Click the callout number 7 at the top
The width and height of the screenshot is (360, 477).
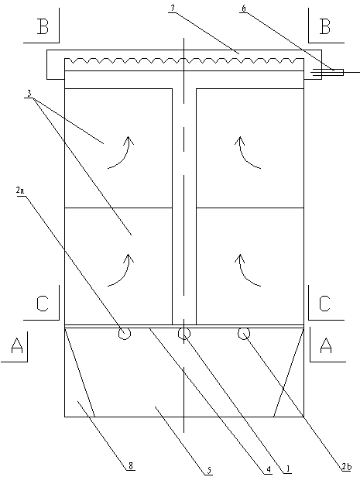tap(173, 9)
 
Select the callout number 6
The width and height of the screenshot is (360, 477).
tap(244, 9)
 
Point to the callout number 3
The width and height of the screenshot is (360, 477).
tap(29, 94)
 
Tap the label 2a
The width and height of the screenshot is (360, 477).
tap(20, 190)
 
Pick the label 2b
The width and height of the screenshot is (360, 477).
tap(347, 467)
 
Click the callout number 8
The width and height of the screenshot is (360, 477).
tap(131, 465)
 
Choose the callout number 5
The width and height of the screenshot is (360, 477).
tap(209, 470)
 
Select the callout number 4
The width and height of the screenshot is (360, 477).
tap(269, 470)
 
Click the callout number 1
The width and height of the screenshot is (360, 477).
tap(287, 469)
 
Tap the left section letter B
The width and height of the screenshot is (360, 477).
tap(43, 27)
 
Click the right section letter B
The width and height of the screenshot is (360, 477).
tap(324, 27)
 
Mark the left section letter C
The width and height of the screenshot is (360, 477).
tap(43, 304)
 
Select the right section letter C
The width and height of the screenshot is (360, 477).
tap(324, 304)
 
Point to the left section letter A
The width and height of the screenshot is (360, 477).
tap(17, 346)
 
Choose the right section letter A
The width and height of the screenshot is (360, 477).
tap(326, 346)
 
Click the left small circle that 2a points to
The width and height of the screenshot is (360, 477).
tap(125, 334)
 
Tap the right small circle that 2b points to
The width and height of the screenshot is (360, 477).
tap(244, 334)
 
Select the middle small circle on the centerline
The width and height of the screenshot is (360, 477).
tap(184, 334)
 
